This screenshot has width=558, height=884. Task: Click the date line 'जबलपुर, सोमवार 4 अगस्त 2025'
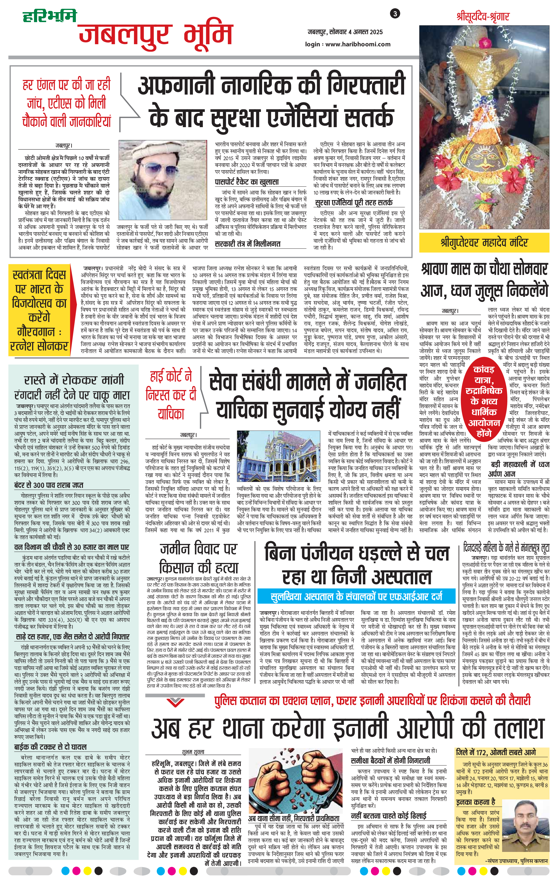[345, 32]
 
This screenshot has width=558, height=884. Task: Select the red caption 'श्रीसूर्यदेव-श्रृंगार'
[483, 17]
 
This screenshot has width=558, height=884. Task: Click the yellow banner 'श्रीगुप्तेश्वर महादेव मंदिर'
[484, 243]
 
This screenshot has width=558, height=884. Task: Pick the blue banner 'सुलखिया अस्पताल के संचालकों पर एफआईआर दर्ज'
[356, 596]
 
